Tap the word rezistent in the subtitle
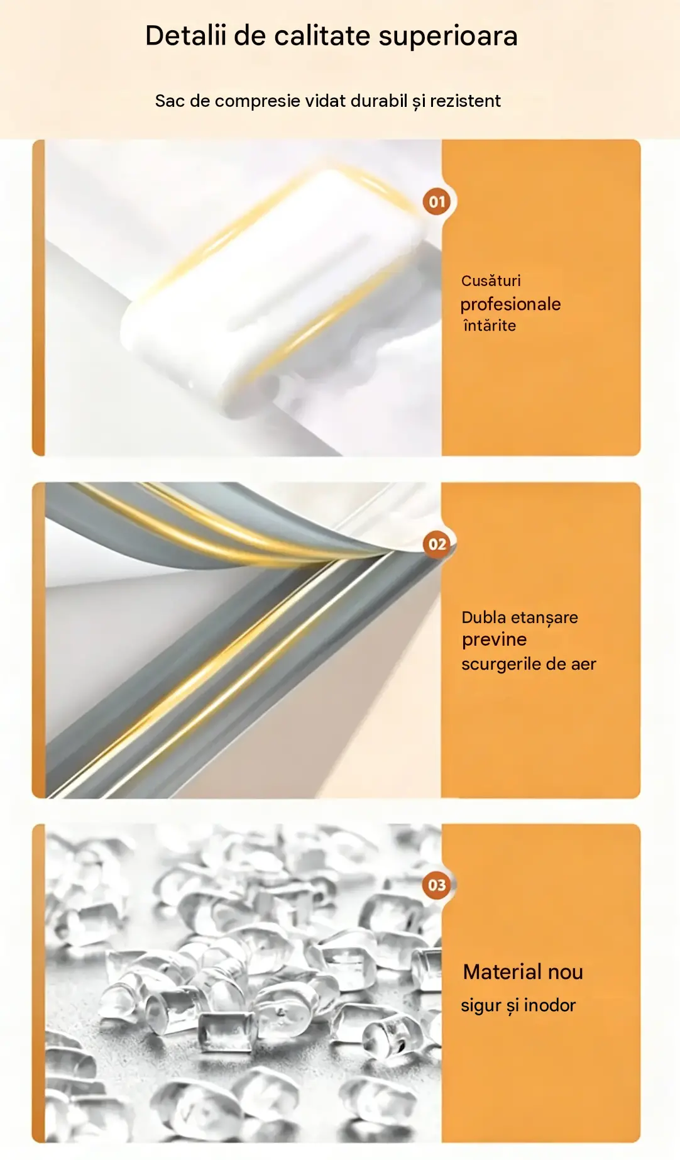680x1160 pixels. point(465,101)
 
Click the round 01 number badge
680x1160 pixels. point(437,202)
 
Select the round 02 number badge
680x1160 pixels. point(437,544)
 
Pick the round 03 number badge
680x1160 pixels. point(437,885)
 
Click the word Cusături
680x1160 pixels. point(491,280)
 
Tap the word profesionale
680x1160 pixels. point(510,304)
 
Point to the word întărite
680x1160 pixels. point(490,325)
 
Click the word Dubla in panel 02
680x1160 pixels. point(483,617)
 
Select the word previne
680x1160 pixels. point(494,640)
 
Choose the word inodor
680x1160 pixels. point(549,1005)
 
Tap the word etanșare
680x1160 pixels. point(544,618)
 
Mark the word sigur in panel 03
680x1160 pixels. point(481,1006)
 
